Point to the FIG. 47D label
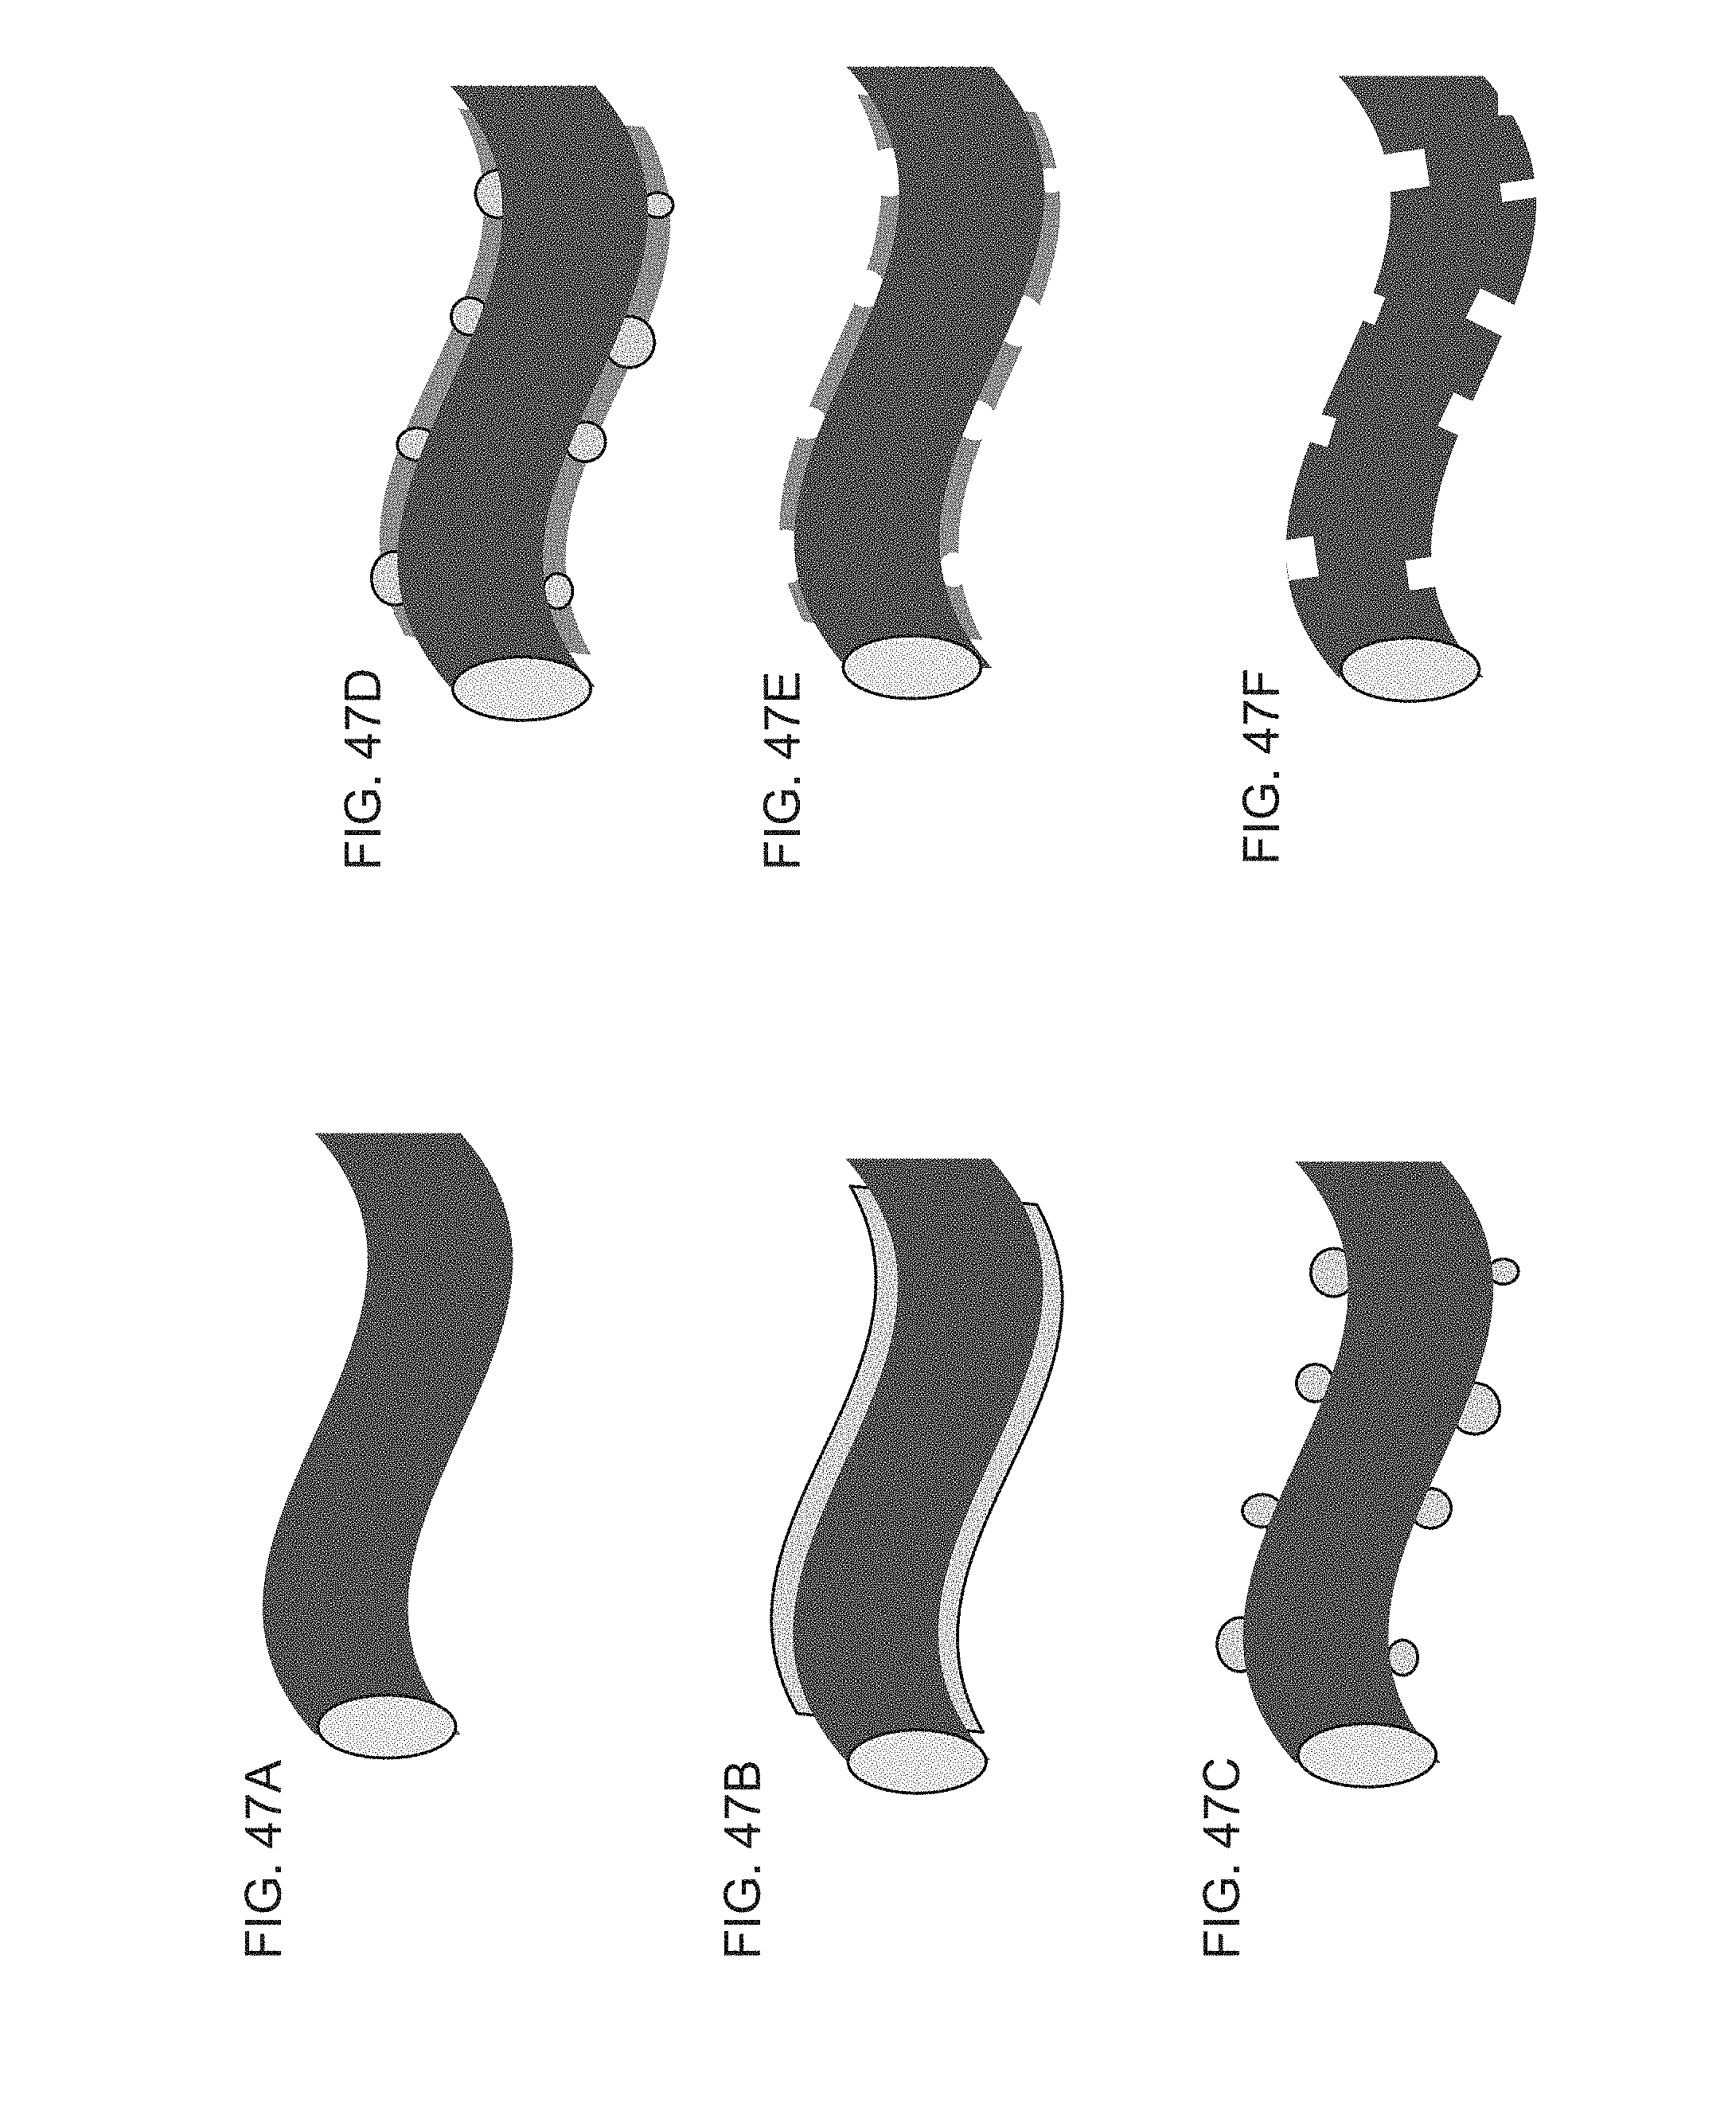point(362,771)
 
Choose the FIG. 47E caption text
point(782,771)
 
